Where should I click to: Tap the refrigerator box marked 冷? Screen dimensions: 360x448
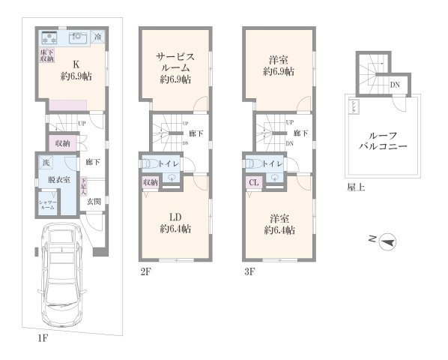(x=99, y=36)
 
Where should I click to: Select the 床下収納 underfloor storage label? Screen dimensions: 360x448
(x=46, y=55)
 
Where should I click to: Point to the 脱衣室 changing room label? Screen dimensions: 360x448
(x=58, y=181)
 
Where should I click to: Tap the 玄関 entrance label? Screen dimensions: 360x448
(x=93, y=201)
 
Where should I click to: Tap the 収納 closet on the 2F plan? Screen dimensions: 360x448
(x=150, y=181)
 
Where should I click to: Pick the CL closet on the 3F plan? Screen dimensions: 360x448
(x=253, y=181)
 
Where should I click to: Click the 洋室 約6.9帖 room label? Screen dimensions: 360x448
(x=278, y=66)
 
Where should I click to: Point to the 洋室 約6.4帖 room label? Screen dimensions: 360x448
(x=278, y=223)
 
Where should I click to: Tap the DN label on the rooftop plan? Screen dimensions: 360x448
(x=395, y=84)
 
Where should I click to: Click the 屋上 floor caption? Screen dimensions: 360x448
(x=357, y=187)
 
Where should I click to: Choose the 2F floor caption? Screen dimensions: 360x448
(x=145, y=271)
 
